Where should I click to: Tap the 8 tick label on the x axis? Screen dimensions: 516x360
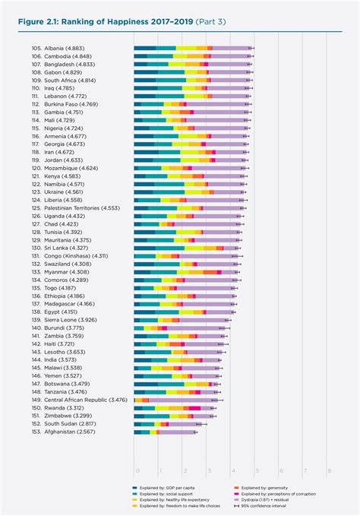point(329,470)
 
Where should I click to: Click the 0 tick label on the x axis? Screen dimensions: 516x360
point(137,470)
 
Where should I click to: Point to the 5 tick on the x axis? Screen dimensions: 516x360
point(257,470)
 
